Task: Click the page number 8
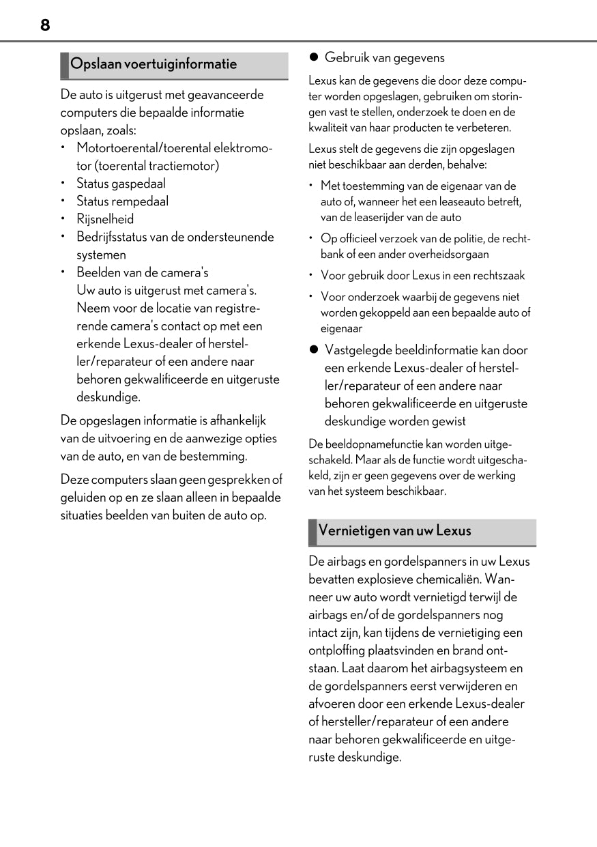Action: coord(44,25)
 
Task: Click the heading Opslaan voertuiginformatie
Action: coord(154,64)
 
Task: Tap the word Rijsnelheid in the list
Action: coord(105,219)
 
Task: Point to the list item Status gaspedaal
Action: coord(121,184)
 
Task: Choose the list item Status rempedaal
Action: coord(122,201)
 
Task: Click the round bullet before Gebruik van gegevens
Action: coord(315,58)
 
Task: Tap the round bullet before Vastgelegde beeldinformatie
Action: coord(315,349)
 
